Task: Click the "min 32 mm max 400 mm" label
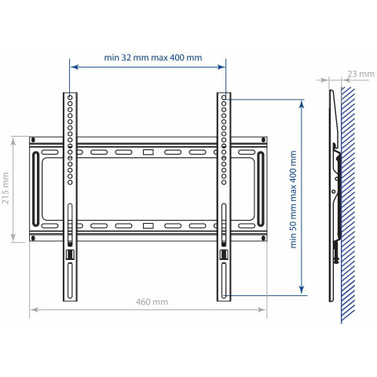coord(153,57)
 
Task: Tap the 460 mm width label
coord(152,302)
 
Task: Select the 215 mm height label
coord(5,188)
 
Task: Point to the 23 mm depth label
coord(361,74)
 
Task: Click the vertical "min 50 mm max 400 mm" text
coord(293,199)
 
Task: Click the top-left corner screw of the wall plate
coord(33,140)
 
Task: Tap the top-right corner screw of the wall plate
coord(263,140)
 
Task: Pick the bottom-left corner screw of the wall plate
coord(33,238)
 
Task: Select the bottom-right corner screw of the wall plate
coord(263,238)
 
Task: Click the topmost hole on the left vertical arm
coord(70,97)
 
